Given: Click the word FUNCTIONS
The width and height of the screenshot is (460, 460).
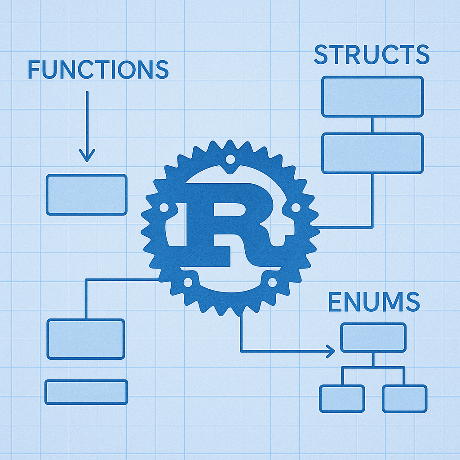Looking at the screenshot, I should point(98,70).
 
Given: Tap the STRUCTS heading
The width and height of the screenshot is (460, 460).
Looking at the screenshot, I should point(372,55).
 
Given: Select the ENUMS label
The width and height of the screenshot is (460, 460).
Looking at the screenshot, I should point(374,302).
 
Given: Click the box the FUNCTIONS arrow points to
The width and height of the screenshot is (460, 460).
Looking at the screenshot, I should point(87,195).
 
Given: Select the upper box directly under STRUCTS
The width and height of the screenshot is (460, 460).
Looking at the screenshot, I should point(372,97).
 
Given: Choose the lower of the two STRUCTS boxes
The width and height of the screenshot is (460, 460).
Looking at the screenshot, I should point(372,153).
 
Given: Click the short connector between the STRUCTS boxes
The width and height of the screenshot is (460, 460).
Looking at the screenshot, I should point(372,125).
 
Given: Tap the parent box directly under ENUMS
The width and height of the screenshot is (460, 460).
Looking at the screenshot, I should point(373,337).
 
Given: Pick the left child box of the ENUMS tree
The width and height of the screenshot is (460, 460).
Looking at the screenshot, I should point(342,398).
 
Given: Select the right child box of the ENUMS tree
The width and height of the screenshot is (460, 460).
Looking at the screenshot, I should point(404,398).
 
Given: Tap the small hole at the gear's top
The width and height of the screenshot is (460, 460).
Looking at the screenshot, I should point(230,159).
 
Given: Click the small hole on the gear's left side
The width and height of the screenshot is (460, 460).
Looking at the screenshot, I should point(164,208).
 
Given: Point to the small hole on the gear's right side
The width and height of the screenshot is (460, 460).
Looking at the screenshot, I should point(296,208).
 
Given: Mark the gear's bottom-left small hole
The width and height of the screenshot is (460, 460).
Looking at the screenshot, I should point(188,282).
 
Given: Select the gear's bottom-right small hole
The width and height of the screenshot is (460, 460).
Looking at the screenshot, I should point(272,282).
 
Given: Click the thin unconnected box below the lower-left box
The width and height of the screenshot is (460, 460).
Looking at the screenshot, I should point(86,392).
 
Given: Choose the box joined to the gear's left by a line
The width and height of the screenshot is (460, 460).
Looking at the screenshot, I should point(86,339).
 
